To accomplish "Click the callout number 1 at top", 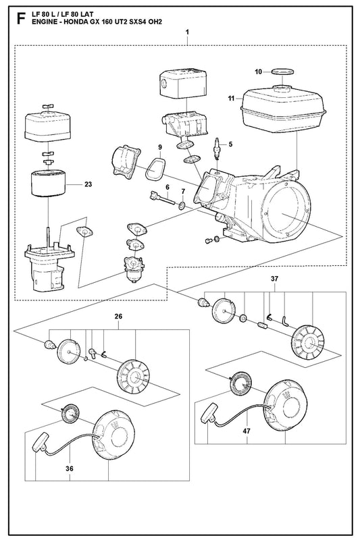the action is pos(187,32).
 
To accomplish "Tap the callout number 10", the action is pos(259,72).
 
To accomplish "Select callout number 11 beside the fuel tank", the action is pos(231,99).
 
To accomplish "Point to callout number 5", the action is pos(230,144).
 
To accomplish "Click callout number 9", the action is pos(160,147).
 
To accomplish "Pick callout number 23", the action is pos(88,184).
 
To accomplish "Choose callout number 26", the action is pos(118,316).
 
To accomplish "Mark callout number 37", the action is pos(274,279).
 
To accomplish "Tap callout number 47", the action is pos(247,431).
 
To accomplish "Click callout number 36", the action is pos(70,468).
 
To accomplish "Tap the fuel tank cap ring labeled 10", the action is pos(282,72).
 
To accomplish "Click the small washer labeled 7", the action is pos(182,207).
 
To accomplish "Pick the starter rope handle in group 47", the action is pos(208,412).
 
